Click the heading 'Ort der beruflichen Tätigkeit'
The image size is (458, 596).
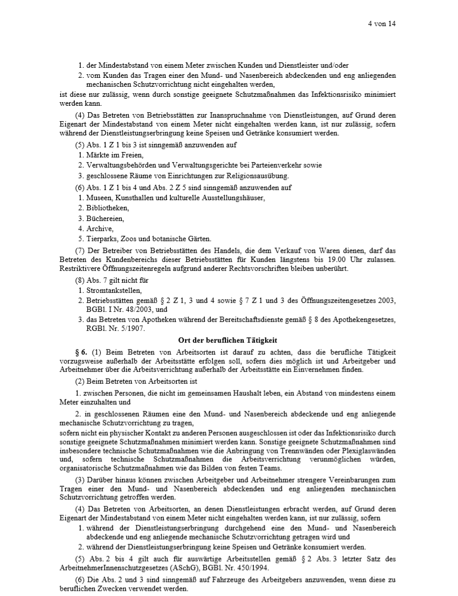click(x=228, y=339)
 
